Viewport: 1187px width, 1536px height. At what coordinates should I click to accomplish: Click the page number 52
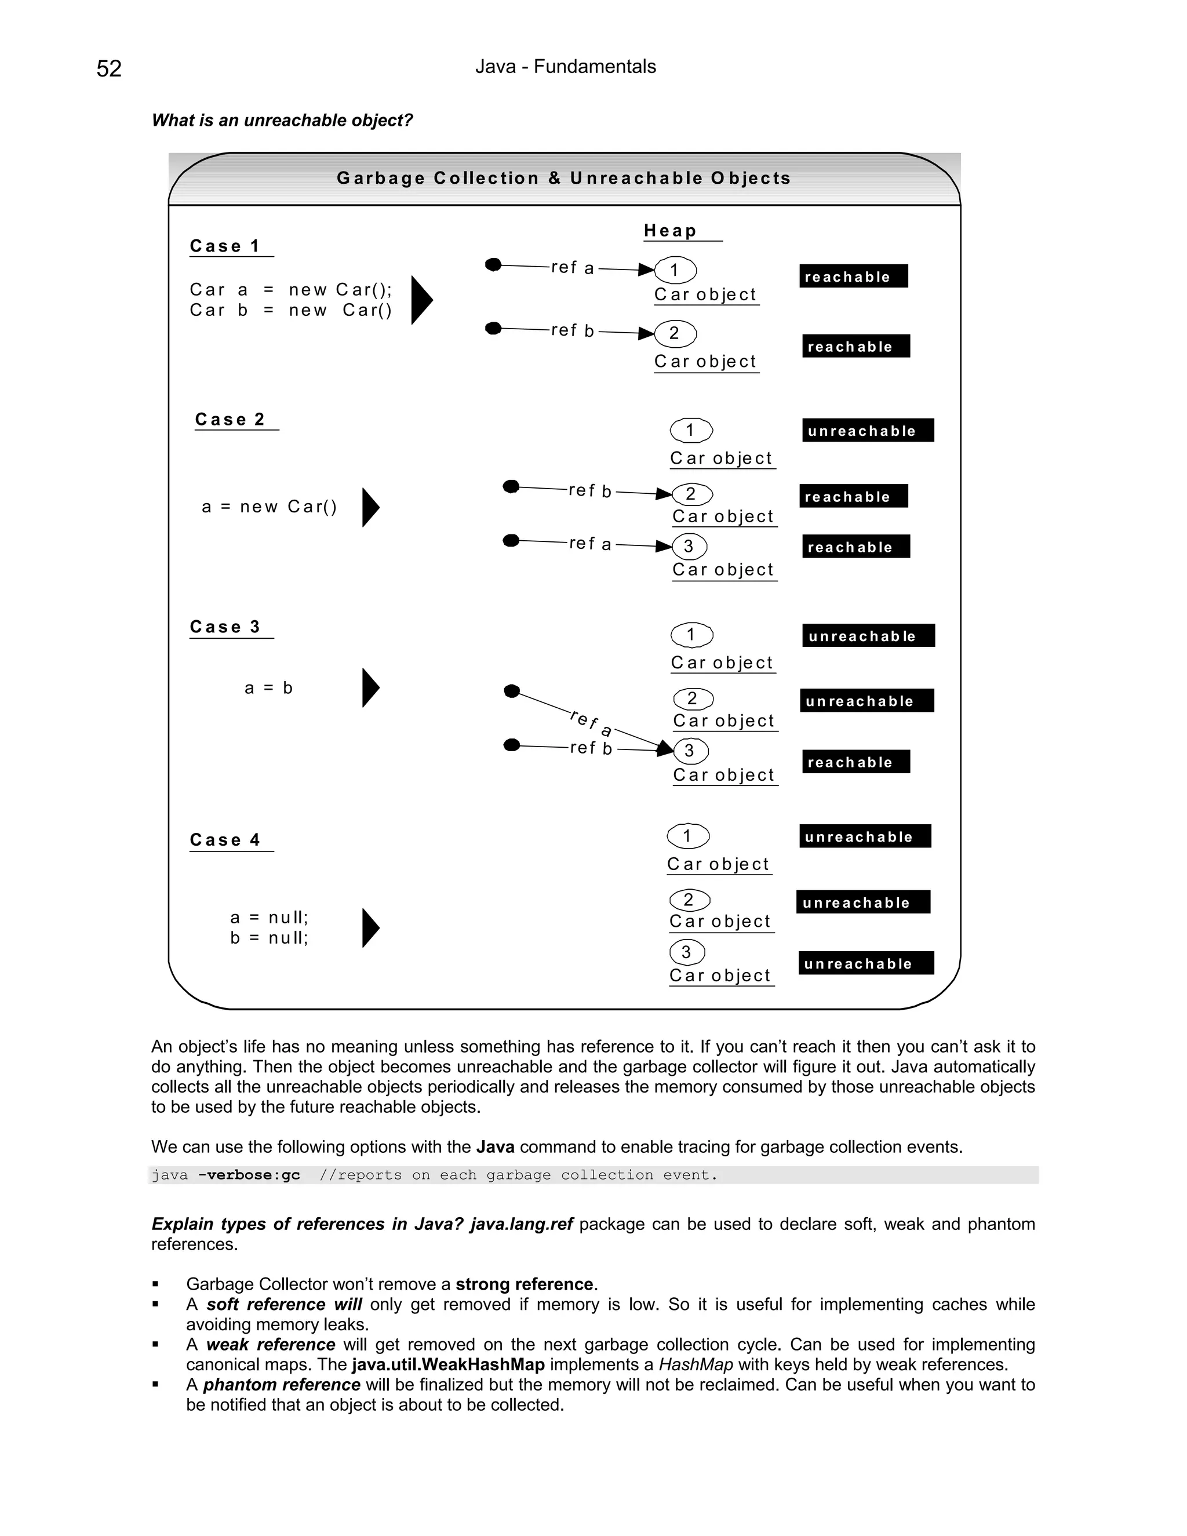109,68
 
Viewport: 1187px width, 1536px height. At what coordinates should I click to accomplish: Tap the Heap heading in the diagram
669,231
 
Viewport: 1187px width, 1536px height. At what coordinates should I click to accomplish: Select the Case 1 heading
225,246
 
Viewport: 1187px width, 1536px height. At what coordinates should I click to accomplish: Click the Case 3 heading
225,627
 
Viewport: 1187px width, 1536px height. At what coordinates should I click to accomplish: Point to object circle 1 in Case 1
675,270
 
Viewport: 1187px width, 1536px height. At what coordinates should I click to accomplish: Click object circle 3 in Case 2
689,547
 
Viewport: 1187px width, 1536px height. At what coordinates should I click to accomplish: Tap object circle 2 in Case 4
689,900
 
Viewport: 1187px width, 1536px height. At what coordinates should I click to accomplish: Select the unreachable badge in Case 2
868,431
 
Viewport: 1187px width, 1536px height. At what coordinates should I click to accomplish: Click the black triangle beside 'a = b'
370,688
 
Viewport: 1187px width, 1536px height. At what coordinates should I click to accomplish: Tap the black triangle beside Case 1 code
421,300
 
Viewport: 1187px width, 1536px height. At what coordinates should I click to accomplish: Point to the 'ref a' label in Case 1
573,268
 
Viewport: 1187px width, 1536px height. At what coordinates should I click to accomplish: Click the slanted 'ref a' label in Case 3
591,723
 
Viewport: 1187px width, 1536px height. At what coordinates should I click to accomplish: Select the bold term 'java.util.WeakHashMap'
448,1365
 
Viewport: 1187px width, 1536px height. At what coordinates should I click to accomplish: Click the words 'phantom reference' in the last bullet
281,1385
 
